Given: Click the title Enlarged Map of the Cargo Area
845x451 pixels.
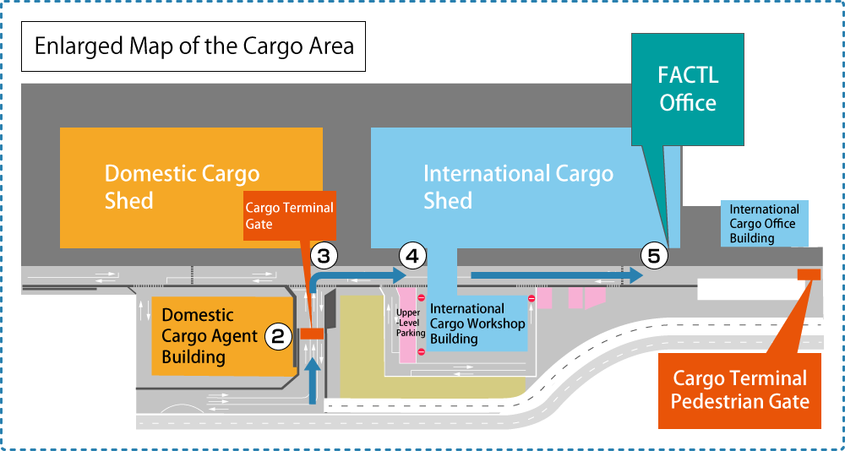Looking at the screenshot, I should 194,46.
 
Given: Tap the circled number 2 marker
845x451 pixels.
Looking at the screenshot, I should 279,336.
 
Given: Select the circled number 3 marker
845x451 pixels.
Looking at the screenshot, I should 324,254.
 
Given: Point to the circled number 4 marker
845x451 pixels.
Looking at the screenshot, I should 412,254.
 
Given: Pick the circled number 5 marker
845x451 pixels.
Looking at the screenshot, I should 653,254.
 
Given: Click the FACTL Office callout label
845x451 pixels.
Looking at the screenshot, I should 688,88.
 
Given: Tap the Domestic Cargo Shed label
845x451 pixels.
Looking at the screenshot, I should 182,187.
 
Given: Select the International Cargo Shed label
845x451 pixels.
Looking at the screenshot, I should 517,187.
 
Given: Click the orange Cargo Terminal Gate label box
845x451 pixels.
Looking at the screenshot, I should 289,215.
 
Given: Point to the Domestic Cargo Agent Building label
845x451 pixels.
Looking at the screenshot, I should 210,336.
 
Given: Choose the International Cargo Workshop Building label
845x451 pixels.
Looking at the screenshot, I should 477,323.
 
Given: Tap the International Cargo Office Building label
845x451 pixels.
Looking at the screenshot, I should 763,224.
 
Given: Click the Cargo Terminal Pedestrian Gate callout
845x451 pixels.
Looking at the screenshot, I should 739,389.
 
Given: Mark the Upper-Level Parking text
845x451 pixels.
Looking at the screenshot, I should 410,323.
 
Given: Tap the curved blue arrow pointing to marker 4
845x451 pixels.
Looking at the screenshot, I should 355,276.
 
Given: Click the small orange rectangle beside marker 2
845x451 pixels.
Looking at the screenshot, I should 312,334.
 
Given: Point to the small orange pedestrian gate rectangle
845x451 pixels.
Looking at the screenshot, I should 809,274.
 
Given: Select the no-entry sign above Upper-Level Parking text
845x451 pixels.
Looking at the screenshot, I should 421,298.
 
